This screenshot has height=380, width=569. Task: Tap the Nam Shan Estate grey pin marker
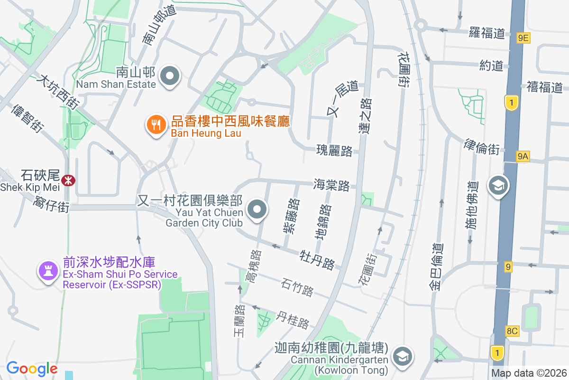(170, 76)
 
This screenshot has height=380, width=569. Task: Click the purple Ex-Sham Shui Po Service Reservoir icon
(47, 271)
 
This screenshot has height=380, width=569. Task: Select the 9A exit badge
(523, 155)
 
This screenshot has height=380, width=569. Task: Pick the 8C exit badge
(512, 331)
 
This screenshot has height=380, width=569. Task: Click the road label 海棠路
(331, 185)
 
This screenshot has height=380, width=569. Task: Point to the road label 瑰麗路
(334, 151)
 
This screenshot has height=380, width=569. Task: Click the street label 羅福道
(487, 33)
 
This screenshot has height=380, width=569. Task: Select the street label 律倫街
(481, 147)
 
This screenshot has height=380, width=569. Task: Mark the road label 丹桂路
(293, 320)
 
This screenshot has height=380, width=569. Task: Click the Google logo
(32, 368)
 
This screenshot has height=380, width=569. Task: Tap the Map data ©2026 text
(529, 373)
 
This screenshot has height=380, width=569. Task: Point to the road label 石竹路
(297, 287)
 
